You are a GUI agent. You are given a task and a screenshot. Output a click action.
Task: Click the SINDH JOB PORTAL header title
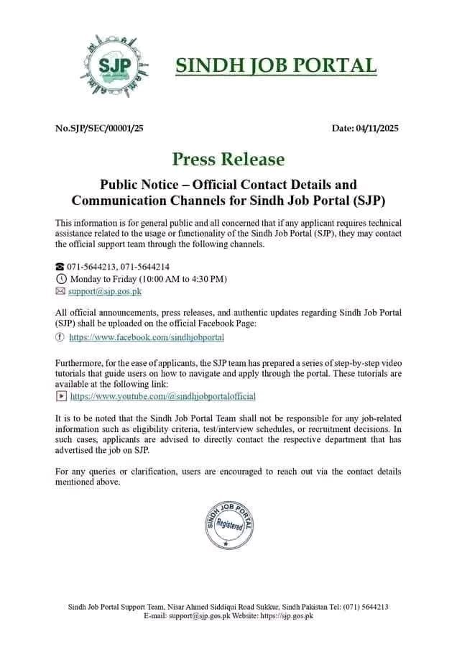276,65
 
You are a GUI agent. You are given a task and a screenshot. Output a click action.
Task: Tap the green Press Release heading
228,159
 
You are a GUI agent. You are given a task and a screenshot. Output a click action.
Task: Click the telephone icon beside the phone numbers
60,267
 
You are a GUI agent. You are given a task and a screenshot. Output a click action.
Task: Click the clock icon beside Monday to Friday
60,279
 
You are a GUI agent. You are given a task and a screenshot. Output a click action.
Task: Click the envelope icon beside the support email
60,291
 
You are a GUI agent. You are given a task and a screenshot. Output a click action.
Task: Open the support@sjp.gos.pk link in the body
105,291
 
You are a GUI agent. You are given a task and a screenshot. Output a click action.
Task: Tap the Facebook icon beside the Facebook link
60,336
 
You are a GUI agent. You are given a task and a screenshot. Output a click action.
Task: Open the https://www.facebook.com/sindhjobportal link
147,336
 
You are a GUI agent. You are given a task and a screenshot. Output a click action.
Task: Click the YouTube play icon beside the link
60,395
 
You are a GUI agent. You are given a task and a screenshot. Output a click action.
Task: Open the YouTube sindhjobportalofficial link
162,395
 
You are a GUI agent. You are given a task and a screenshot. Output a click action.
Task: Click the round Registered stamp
229,523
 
